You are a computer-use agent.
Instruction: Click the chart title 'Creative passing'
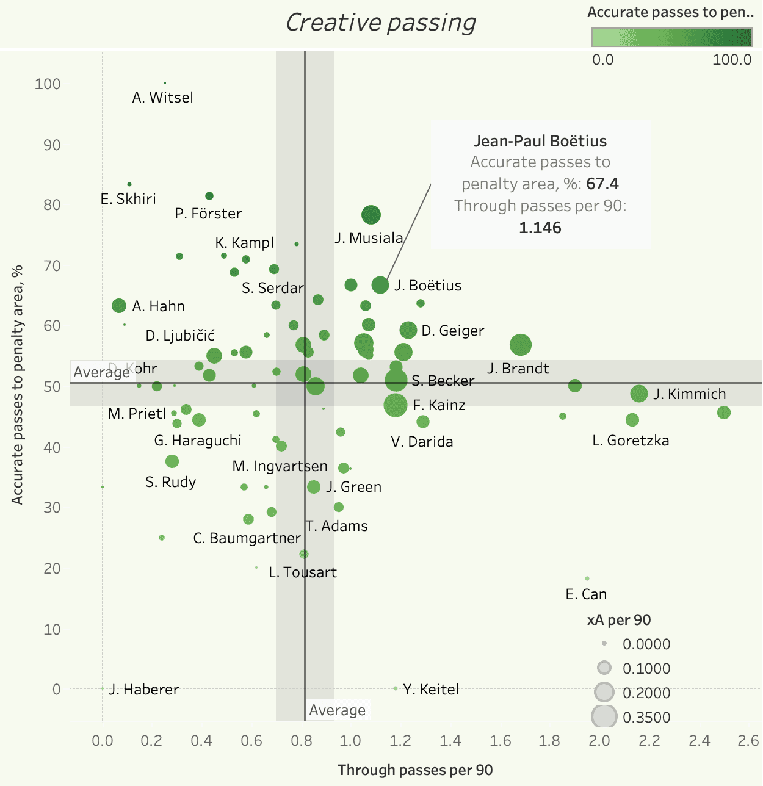(381, 23)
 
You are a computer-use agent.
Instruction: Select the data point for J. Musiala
(371, 215)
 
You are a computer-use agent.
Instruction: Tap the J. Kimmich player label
(689, 394)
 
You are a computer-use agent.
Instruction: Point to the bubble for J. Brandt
(521, 345)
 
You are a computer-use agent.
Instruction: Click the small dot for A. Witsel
(165, 83)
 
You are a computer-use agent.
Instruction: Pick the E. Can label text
(586, 594)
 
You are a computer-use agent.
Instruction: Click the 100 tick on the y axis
(48, 84)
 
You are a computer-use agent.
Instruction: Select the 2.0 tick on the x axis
(599, 741)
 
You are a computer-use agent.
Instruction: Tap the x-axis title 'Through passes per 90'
(415, 770)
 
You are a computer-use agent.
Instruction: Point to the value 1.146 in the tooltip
(540, 228)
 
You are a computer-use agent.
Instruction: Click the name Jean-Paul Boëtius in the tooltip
(540, 141)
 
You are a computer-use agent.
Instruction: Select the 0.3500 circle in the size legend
(604, 716)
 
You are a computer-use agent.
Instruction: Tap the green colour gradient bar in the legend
(671, 38)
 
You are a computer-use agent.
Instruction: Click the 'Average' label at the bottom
(337, 710)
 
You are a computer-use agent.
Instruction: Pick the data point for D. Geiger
(408, 330)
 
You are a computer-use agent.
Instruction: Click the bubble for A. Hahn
(119, 306)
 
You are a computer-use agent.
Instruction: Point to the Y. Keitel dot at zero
(396, 688)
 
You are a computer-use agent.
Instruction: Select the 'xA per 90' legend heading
(618, 620)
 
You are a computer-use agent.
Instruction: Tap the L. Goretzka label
(631, 441)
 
